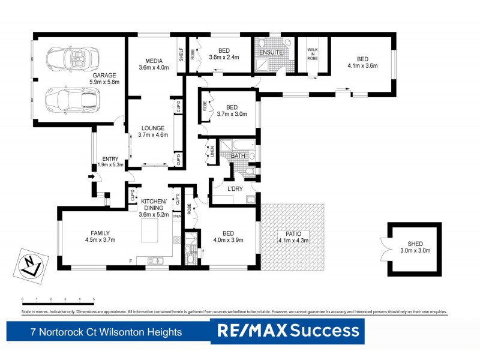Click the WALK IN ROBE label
(x=313, y=55)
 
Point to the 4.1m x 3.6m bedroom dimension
(x=362, y=66)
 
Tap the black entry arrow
(x=91, y=176)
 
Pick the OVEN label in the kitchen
(x=176, y=216)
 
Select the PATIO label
(x=293, y=234)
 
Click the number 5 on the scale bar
(x=94, y=299)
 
